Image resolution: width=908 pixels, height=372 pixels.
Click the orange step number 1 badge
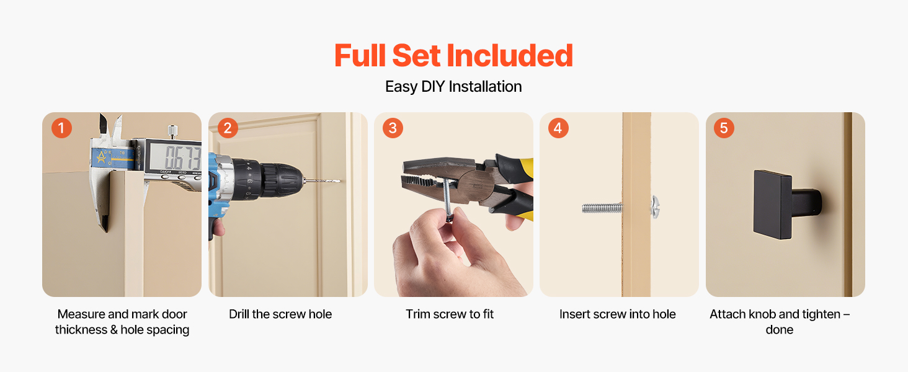[x=61, y=128]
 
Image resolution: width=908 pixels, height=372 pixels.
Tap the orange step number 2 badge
[x=228, y=128]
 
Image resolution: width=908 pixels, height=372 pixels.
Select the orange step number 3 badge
[x=393, y=128]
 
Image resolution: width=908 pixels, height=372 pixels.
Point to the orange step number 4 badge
[x=558, y=128]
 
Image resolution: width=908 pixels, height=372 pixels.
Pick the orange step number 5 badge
[x=724, y=128]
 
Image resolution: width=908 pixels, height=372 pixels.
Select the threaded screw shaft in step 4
[x=602, y=208]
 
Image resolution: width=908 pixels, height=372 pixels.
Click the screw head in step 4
[x=655, y=207]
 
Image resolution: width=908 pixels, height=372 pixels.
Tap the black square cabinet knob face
[x=772, y=205]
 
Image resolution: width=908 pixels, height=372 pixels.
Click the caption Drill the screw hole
[x=280, y=314]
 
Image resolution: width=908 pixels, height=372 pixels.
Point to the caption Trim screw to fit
[x=450, y=314]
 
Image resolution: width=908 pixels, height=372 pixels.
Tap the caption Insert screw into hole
[x=617, y=314]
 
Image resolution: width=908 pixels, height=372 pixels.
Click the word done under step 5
[x=780, y=329]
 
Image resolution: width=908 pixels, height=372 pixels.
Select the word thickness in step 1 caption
[x=81, y=329]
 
